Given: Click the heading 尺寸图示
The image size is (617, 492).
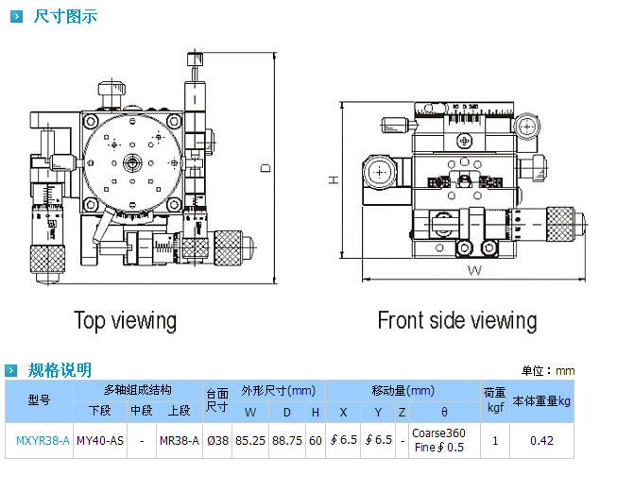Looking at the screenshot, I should click(x=64, y=16).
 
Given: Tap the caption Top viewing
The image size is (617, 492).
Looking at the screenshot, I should click(x=126, y=320).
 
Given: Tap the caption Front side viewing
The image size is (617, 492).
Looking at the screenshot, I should click(x=456, y=320).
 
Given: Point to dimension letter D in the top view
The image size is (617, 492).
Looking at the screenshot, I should click(x=266, y=168).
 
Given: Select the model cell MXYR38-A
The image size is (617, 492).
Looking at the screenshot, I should click(x=43, y=440).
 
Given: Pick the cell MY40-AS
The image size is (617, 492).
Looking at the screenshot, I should click(x=99, y=440).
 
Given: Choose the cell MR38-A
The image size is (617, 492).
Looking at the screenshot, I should click(x=179, y=440).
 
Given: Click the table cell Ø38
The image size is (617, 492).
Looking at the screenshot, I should click(x=217, y=440).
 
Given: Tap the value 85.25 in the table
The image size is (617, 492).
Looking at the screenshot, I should click(x=250, y=440).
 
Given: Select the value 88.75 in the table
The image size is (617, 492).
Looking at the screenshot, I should click(x=287, y=440).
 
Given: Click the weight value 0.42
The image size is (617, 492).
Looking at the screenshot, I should click(x=541, y=440).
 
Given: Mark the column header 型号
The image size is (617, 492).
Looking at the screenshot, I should click(x=39, y=400).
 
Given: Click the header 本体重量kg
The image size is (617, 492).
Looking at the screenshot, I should click(x=541, y=400).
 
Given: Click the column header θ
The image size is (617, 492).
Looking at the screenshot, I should click(x=444, y=413).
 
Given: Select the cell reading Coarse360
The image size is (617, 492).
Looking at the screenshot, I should click(x=438, y=433).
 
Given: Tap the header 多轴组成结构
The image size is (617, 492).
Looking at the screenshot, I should click(x=137, y=390).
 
